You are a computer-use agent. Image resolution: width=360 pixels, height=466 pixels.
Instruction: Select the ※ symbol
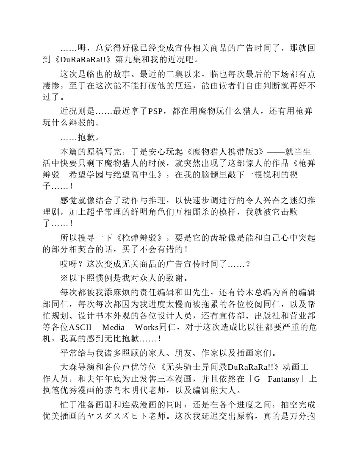pyautogui.click(x=64, y=278)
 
